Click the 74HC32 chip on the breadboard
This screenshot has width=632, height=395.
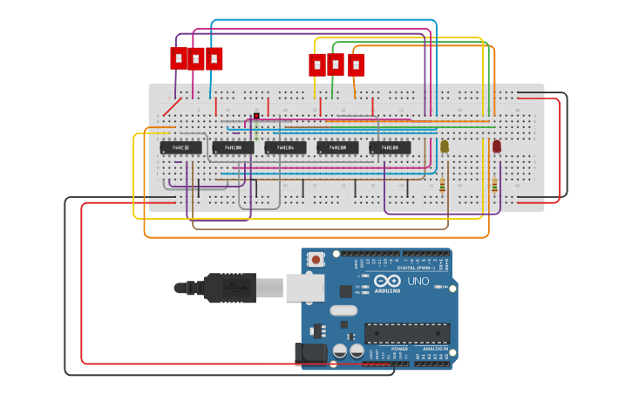(x=180, y=148)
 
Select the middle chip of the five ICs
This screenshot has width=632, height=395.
(x=285, y=148)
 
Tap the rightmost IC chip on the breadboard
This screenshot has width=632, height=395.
(x=390, y=148)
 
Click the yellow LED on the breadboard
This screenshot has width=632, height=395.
(x=444, y=146)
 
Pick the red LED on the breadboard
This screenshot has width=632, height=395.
(x=497, y=146)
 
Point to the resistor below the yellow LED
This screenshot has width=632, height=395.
(x=442, y=184)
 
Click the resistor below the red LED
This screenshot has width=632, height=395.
(x=494, y=184)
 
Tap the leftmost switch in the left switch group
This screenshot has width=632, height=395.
(x=179, y=58)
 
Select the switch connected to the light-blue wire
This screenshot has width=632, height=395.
(x=214, y=58)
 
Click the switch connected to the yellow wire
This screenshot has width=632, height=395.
(x=317, y=65)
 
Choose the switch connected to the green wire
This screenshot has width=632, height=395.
(x=336, y=65)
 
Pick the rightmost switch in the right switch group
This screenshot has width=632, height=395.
(x=356, y=65)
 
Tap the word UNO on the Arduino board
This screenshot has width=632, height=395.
(x=418, y=281)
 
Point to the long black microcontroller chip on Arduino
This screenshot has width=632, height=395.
(x=407, y=333)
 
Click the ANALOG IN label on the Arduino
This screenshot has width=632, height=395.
(x=433, y=348)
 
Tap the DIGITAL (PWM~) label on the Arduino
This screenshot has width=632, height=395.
(x=418, y=268)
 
